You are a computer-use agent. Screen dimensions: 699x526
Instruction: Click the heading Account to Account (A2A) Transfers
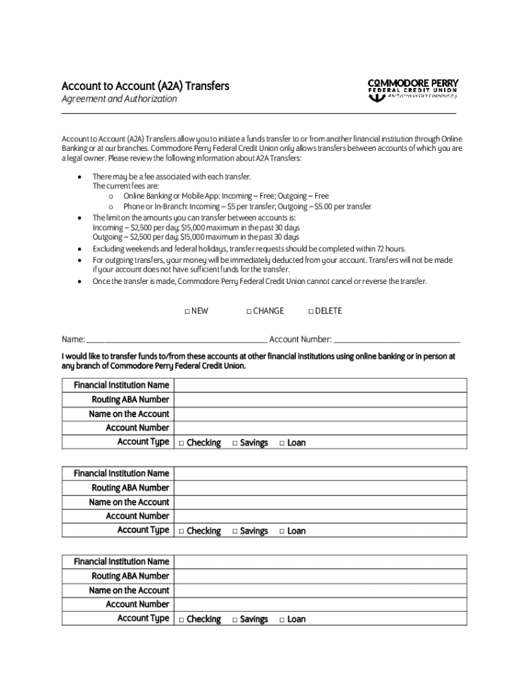coord(145,86)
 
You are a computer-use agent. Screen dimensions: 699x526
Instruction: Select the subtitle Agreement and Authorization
coord(119,99)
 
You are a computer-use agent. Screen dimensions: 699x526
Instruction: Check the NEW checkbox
coord(187,311)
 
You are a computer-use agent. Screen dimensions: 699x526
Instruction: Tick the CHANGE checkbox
coord(249,311)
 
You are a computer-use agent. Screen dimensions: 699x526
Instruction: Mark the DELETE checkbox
coord(311,311)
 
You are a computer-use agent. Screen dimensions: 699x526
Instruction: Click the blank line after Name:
coord(176,339)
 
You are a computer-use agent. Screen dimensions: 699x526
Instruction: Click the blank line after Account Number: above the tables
coord(397,339)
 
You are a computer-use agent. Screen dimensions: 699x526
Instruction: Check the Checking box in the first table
coord(182,443)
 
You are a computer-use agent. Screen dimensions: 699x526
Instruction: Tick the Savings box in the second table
coord(235,531)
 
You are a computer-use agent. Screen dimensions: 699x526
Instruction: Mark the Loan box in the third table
coord(281,620)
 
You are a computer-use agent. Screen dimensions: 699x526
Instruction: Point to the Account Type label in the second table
coord(143,530)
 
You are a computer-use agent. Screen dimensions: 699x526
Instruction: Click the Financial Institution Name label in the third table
coord(121,561)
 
